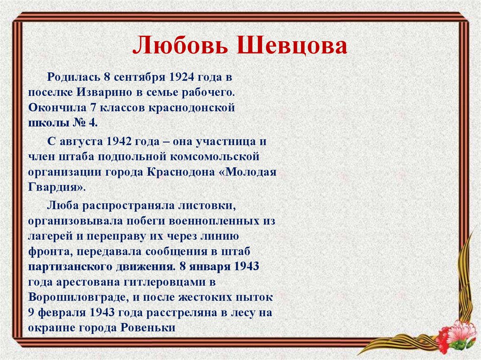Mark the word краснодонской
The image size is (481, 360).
coord(192,107)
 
